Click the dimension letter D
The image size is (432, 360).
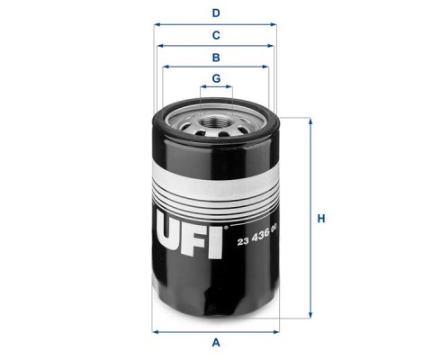point(216,13)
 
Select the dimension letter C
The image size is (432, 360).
point(216,35)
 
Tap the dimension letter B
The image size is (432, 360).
point(216,58)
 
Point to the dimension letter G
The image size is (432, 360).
point(216,78)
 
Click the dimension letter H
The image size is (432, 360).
point(321,219)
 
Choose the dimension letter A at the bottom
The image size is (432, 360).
point(216,342)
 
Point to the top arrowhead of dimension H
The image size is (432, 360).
point(310,121)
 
